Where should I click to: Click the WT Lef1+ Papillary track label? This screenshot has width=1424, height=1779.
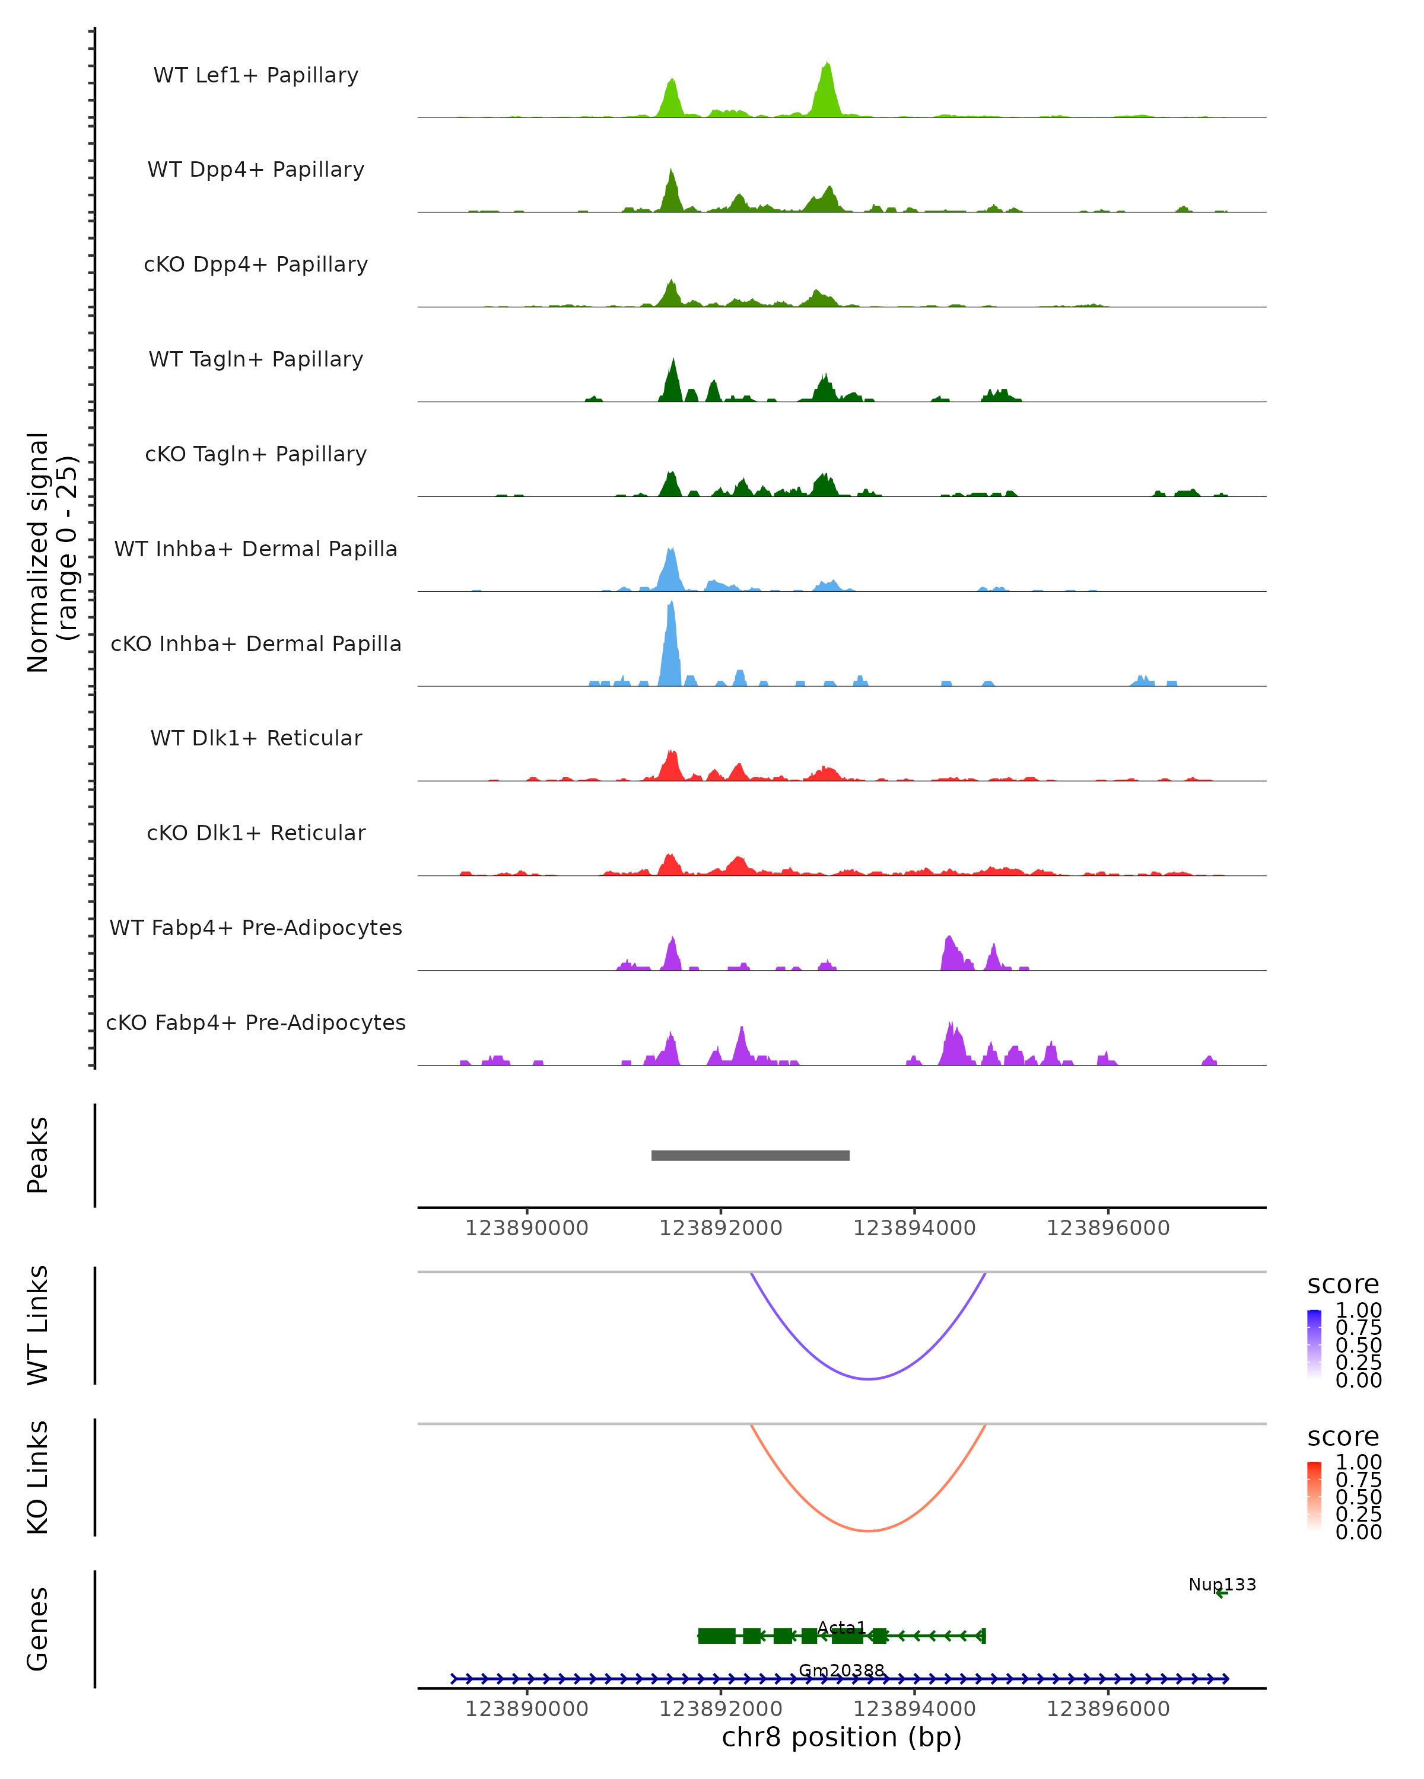256,75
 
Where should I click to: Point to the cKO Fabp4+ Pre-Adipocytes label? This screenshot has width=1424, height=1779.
256,1022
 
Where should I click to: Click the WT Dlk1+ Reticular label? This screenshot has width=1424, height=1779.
256,738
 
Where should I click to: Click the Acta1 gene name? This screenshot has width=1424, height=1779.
841,1627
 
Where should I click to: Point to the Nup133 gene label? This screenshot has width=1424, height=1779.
1222,1584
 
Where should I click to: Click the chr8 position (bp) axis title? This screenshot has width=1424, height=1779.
841,1737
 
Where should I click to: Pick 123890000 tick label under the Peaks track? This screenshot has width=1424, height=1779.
527,1228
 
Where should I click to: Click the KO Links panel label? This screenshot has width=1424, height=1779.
38,1477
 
